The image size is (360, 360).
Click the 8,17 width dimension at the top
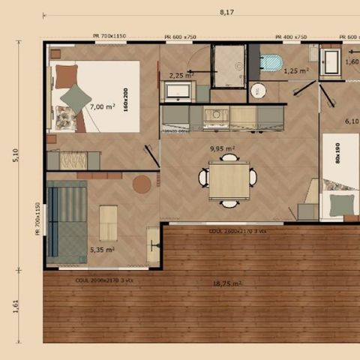point(225,12)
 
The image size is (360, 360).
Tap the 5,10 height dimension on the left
point(15,155)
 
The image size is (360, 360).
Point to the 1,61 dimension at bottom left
point(15,307)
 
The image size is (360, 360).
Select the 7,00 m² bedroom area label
point(101,107)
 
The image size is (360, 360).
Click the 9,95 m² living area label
point(222,148)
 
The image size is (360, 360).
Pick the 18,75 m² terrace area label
point(226,283)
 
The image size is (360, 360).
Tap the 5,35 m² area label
point(101,250)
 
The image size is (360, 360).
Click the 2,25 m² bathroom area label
point(180,76)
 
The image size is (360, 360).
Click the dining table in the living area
point(229,180)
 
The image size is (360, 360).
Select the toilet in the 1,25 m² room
point(271,62)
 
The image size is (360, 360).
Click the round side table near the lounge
point(142,184)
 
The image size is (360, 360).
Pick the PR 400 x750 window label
point(289,37)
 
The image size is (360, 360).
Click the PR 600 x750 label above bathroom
point(180,37)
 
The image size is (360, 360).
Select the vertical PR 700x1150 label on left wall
point(37,218)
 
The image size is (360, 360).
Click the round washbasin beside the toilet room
point(258,90)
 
